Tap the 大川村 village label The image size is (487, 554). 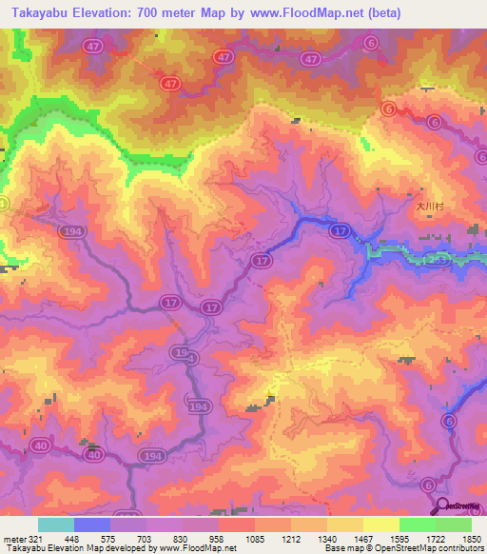(x=430, y=205)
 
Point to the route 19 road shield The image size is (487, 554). (x=179, y=352)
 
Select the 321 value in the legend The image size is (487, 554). (x=36, y=539)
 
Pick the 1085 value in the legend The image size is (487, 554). (x=255, y=539)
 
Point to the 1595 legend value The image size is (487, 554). (x=400, y=539)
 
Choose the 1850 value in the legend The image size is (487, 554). (x=471, y=539)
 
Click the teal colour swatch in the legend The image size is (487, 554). (x=56, y=524)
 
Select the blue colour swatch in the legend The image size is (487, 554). (x=92, y=524)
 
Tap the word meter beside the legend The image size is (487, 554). (x=12, y=539)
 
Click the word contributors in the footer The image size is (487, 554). (x=459, y=549)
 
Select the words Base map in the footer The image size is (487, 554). (x=340, y=549)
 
